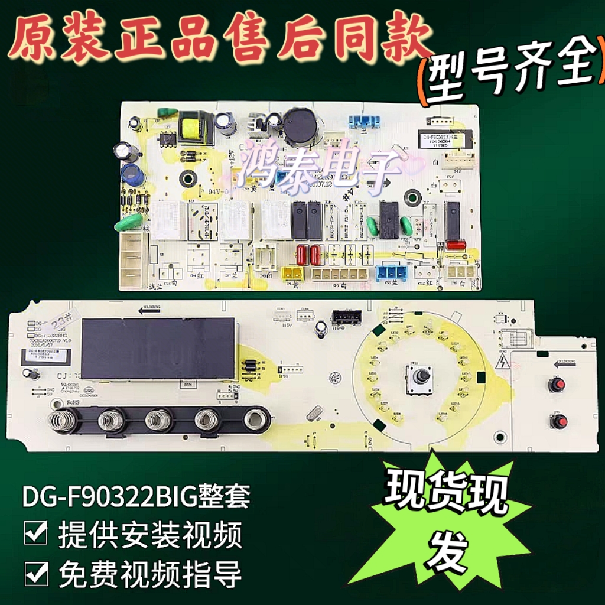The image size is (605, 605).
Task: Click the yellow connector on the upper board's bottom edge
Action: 292,273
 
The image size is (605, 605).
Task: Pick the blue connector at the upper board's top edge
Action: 363,121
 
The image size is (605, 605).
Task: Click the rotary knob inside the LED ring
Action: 419,376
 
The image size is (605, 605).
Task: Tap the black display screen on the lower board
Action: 158,349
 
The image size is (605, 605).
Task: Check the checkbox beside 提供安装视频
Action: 36,535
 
